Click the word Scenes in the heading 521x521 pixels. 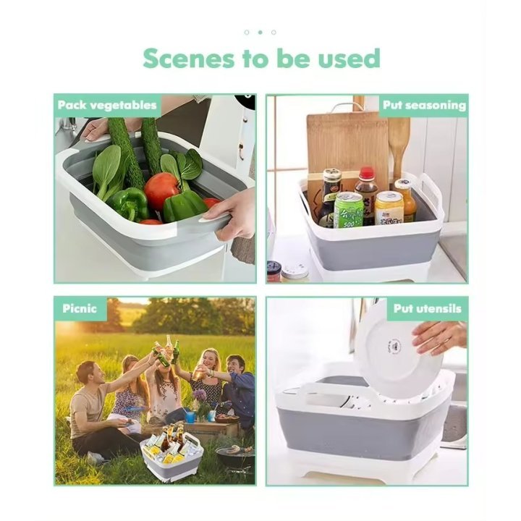pyautogui.click(x=189, y=59)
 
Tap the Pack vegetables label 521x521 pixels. pyautogui.click(x=107, y=106)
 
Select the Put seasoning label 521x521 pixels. pyautogui.click(x=424, y=106)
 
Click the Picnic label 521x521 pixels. pyautogui.click(x=80, y=308)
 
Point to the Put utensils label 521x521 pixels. pyautogui.click(x=428, y=308)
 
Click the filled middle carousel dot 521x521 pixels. pyautogui.click(x=260, y=33)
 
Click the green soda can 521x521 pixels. pyautogui.click(x=348, y=210)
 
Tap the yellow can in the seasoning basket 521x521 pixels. pyautogui.click(x=389, y=208)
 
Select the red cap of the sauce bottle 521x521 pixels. pyautogui.click(x=368, y=174)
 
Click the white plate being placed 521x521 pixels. pyautogui.click(x=397, y=354)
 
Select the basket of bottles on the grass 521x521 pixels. pyautogui.click(x=171, y=452)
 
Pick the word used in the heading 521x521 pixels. pyautogui.click(x=350, y=59)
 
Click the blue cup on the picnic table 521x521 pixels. pyautogui.click(x=190, y=417)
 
